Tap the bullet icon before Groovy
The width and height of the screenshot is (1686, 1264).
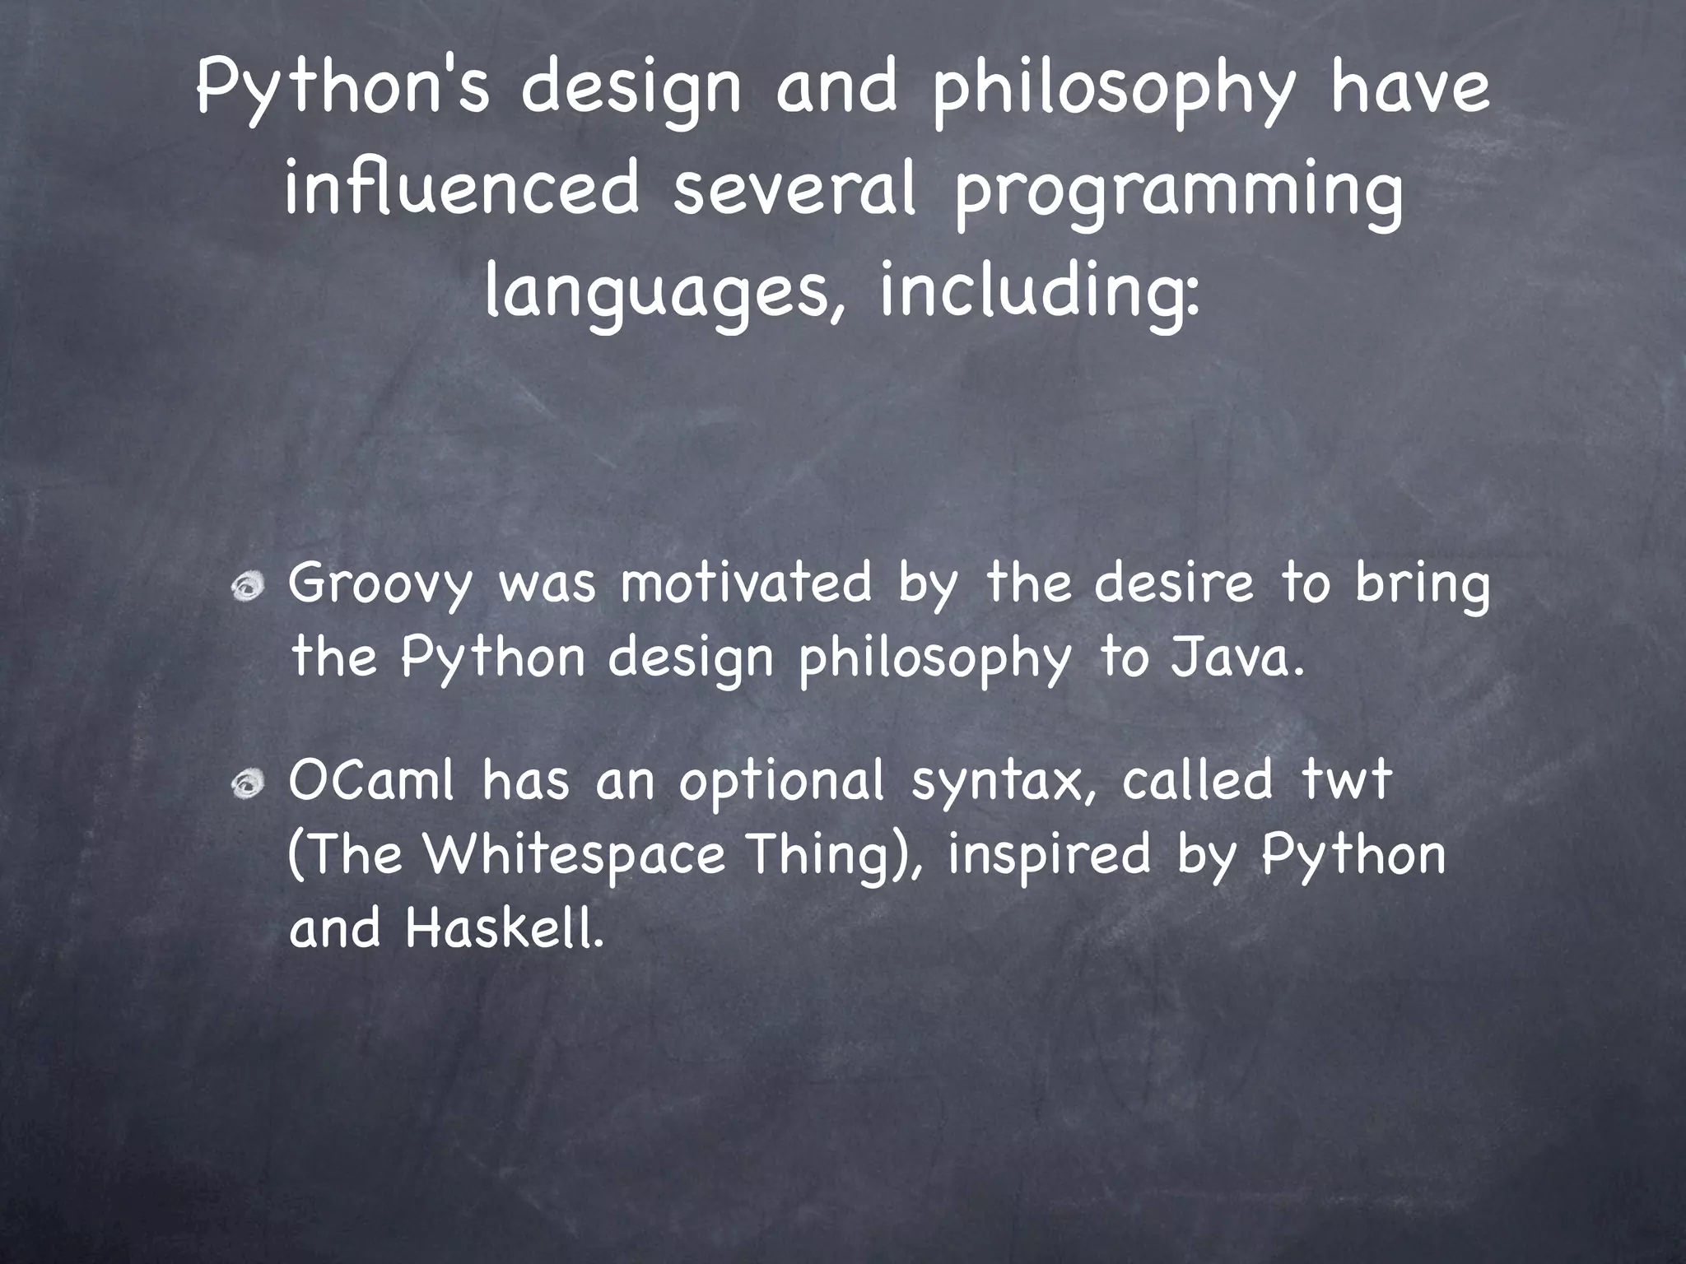[x=247, y=587]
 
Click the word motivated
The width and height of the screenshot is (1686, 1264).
[x=745, y=584]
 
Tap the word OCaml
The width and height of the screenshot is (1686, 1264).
[x=371, y=781]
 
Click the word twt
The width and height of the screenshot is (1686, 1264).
[x=1346, y=781]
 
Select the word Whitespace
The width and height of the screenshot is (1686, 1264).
[x=574, y=856]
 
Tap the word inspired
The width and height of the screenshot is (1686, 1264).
[x=1048, y=856]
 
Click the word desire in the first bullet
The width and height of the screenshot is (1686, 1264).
[x=1173, y=584]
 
